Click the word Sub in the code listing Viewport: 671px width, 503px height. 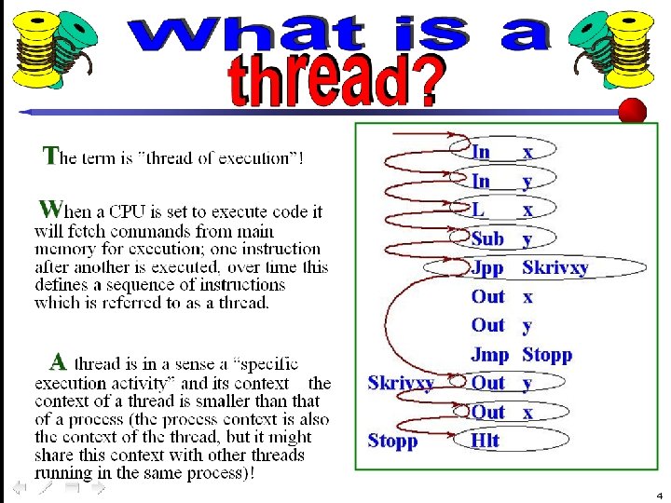click(487, 238)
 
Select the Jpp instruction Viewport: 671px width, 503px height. click(486, 268)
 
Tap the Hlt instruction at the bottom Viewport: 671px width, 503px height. click(485, 441)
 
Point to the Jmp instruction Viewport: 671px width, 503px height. click(489, 354)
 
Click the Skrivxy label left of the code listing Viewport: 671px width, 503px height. click(400, 383)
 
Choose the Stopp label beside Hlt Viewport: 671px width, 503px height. click(392, 441)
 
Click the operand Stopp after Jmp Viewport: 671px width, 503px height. click(547, 354)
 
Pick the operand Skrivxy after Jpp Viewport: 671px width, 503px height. click(555, 268)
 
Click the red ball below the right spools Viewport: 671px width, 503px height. click(633, 111)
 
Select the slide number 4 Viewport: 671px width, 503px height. click(659, 495)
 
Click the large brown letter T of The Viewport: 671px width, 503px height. click(52, 155)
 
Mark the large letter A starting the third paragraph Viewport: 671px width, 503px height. click(58, 361)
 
